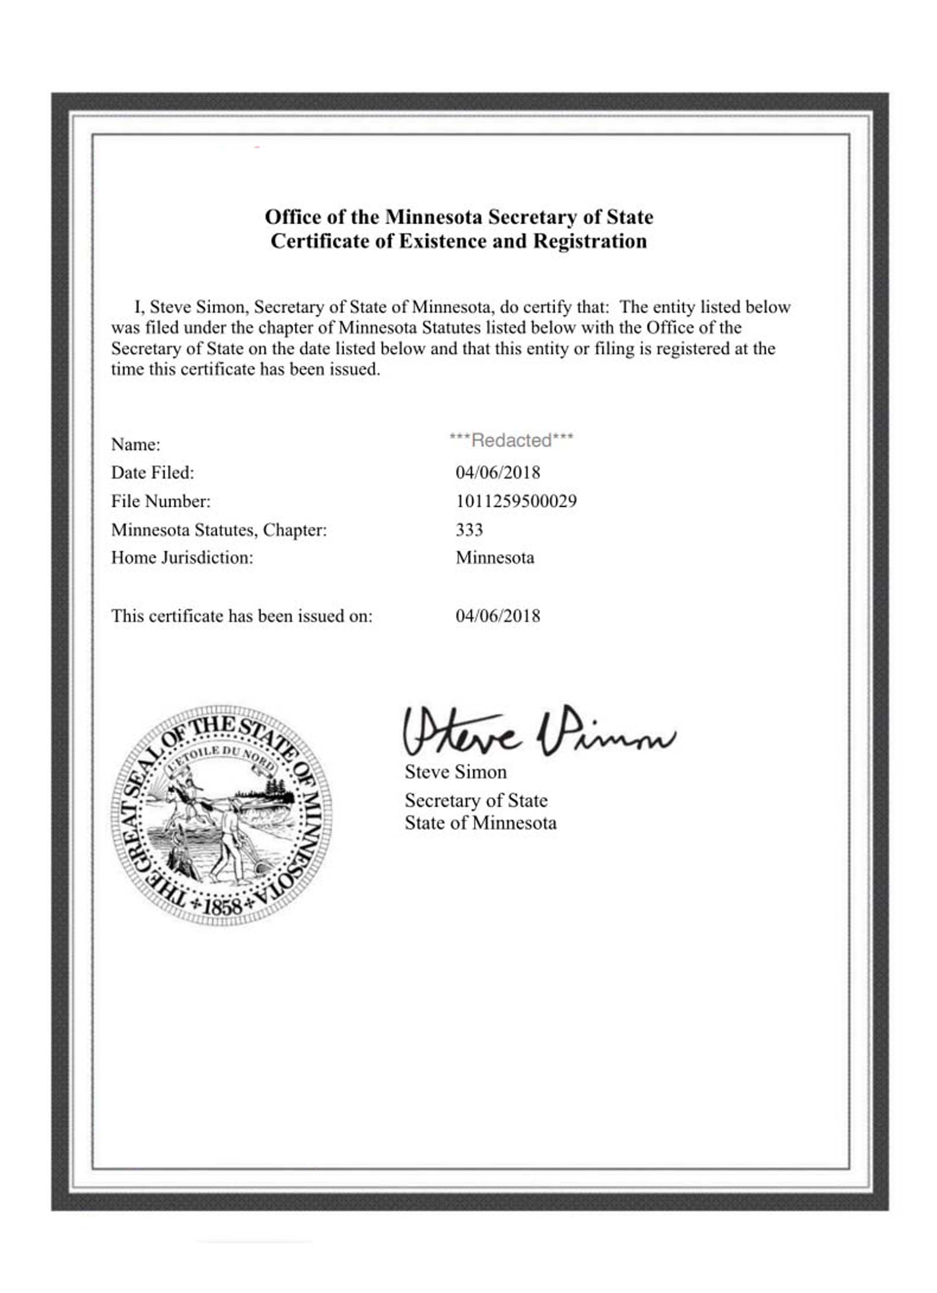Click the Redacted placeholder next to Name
(511, 440)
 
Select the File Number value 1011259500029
(515, 501)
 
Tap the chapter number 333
(469, 530)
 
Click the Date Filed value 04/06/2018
(497, 472)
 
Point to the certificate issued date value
(497, 616)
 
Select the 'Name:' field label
(136, 444)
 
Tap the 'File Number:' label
(161, 501)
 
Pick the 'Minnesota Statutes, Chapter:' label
(219, 530)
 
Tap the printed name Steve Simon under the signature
(455, 772)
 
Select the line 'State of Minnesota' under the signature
(480, 823)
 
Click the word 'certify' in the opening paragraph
(546, 307)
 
